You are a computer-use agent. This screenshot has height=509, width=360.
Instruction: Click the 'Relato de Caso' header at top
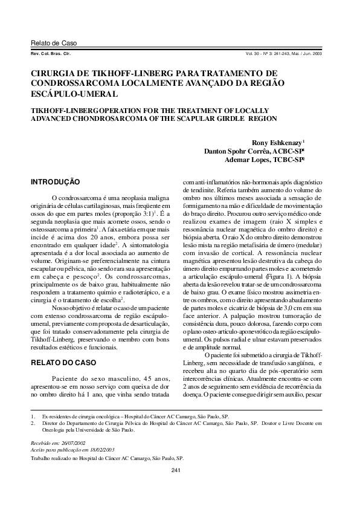pos(54,44)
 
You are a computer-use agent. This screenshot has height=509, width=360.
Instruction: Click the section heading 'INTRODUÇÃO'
pos(56,181)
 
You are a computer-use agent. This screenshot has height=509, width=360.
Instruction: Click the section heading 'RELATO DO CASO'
pos(63,363)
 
